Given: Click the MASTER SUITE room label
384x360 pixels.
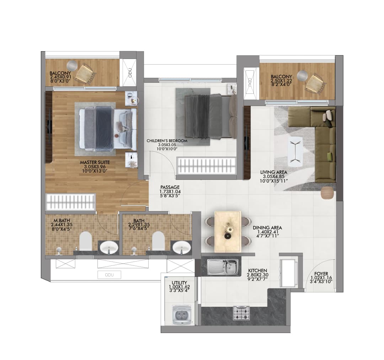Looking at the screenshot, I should pyautogui.click(x=95, y=162).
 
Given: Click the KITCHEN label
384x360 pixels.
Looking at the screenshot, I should pyautogui.click(x=257, y=270).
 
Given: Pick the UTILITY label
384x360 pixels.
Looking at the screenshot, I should pyautogui.click(x=179, y=283).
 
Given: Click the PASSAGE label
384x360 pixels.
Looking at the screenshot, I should pyautogui.click(x=170, y=187).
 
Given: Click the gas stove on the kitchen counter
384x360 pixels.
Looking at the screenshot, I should pyautogui.click(x=241, y=312).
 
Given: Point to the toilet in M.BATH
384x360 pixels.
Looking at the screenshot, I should pyautogui.click(x=85, y=241).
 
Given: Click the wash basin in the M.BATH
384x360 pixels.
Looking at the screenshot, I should pyautogui.click(x=108, y=246).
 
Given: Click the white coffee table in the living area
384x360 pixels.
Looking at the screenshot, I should pyautogui.click(x=295, y=151).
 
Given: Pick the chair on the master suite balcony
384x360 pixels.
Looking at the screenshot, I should pyautogui.click(x=85, y=73).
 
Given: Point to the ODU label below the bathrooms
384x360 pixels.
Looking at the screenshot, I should pyautogui.click(x=109, y=275).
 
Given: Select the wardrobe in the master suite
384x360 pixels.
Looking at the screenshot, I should pyautogui.click(x=71, y=203).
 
